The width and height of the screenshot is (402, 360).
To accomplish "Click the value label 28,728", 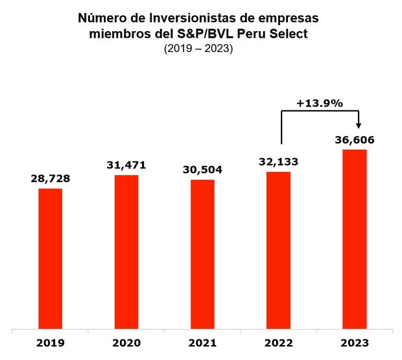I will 51,178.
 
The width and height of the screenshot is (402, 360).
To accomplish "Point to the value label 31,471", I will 126,165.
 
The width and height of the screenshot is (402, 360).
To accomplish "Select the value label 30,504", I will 202,170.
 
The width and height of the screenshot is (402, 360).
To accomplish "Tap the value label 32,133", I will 279,162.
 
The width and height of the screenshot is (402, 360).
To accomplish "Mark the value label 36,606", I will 355,139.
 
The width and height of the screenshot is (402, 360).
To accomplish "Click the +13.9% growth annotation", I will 319,103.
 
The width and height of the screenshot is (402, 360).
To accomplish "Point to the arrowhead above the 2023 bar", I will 359,128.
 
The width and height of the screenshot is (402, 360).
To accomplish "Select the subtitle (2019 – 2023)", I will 201,49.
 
